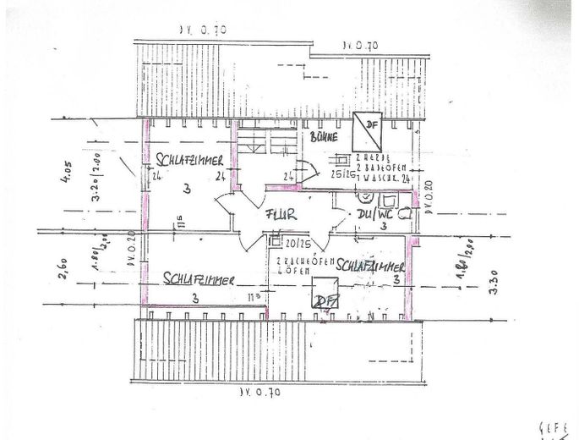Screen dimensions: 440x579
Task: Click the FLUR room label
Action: point(280,215)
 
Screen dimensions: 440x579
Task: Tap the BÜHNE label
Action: point(324,136)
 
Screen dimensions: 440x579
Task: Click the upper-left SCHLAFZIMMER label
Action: point(189,158)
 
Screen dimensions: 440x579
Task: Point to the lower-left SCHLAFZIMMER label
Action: point(199,277)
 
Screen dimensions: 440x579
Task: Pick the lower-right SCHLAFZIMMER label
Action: point(372,266)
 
